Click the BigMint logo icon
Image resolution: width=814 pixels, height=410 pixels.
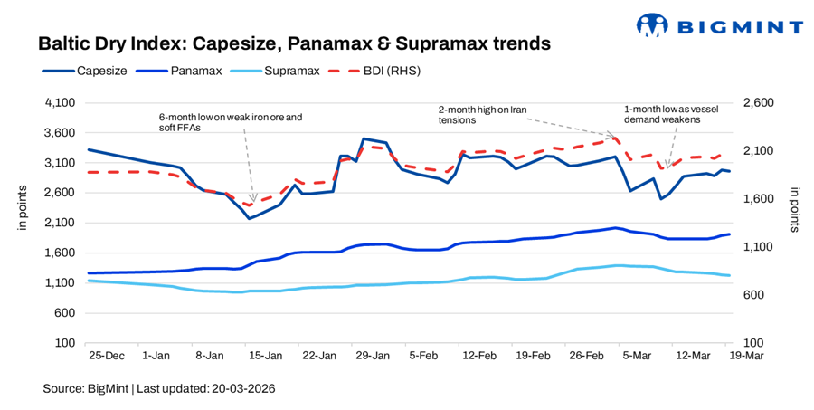click(x=655, y=24)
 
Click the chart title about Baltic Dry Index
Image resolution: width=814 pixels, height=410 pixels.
click(x=294, y=43)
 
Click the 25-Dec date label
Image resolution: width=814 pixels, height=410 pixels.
click(x=106, y=358)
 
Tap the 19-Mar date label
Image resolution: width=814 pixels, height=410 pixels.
click(x=746, y=358)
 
